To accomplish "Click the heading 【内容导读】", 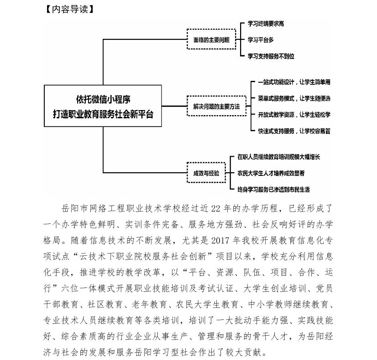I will point(68,8).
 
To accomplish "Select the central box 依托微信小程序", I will point(103,106).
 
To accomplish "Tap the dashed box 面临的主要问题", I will point(210,40).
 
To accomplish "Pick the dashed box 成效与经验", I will point(206,173).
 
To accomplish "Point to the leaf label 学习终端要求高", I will point(266,23).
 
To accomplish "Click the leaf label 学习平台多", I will point(261,40).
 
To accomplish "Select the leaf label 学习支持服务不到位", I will point(271,56).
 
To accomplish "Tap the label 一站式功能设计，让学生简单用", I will point(294,82).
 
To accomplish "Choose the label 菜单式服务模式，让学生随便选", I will point(294,98).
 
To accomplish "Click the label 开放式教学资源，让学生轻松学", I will point(294,114).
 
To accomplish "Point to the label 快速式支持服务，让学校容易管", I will point(294,131).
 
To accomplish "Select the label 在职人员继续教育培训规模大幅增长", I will point(279,157).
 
